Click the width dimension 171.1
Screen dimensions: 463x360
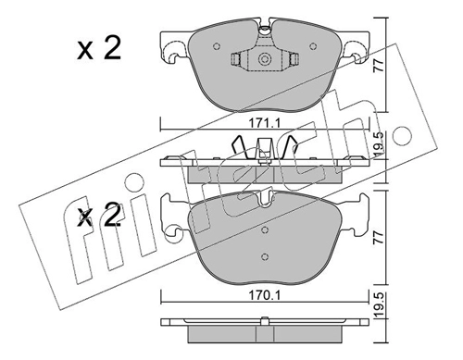(x=264, y=124)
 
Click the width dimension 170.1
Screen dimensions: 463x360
(x=264, y=296)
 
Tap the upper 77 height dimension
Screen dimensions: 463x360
(x=379, y=66)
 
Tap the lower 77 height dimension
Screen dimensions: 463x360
(x=379, y=237)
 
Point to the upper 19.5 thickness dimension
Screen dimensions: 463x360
(x=380, y=143)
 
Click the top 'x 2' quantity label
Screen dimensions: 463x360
(x=99, y=49)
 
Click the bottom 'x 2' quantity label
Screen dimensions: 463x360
(x=99, y=216)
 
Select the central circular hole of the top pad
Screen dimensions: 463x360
(x=265, y=58)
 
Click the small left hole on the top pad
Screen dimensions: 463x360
(x=217, y=46)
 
